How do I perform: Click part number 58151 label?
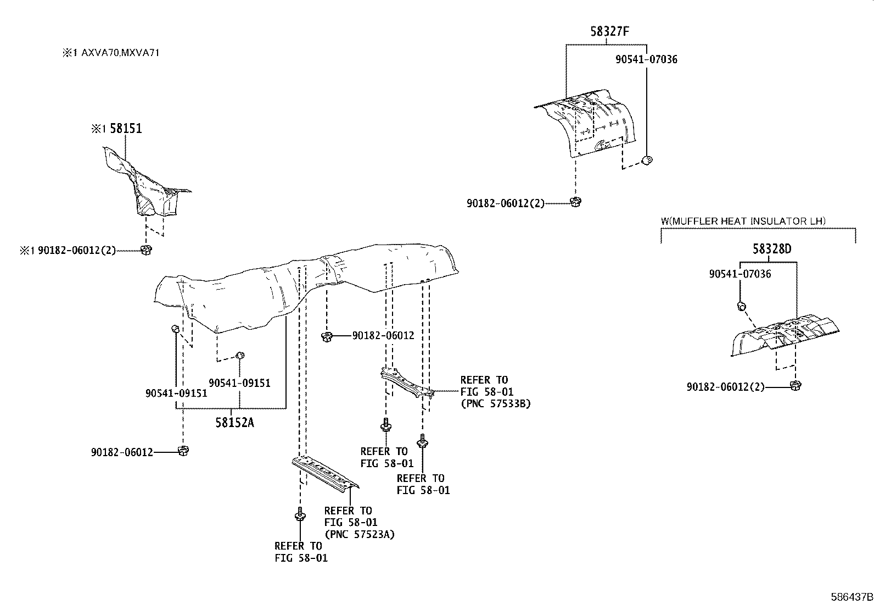pyautogui.click(x=126, y=129)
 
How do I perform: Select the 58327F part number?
pyautogui.click(x=609, y=31)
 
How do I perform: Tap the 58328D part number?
pyautogui.click(x=772, y=249)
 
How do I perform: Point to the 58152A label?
pyautogui.click(x=234, y=423)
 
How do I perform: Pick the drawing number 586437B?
pyautogui.click(x=851, y=596)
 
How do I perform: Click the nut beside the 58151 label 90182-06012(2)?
pyautogui.click(x=146, y=250)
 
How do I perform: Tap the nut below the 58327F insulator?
pyautogui.click(x=575, y=202)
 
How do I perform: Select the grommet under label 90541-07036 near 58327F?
pyautogui.click(x=647, y=160)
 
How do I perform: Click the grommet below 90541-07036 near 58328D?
pyautogui.click(x=741, y=305)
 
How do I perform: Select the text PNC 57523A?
pyautogui.click(x=360, y=534)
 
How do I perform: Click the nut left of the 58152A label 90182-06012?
pyautogui.click(x=183, y=451)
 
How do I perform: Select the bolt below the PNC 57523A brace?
pyautogui.click(x=300, y=515)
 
